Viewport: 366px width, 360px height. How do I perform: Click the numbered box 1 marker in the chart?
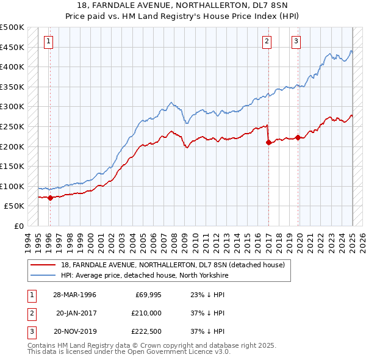tap(48, 41)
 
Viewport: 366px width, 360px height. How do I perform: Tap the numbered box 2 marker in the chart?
tap(267, 41)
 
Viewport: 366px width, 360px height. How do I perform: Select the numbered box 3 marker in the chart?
tap(296, 41)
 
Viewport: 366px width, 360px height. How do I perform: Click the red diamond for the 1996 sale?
tap(50, 198)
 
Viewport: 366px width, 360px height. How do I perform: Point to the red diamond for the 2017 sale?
tap(268, 142)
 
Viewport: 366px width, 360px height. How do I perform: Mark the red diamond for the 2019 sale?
tap(298, 137)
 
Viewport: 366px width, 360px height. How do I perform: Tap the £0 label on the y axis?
tap(19, 226)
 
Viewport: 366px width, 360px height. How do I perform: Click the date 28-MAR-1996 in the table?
tap(74, 295)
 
